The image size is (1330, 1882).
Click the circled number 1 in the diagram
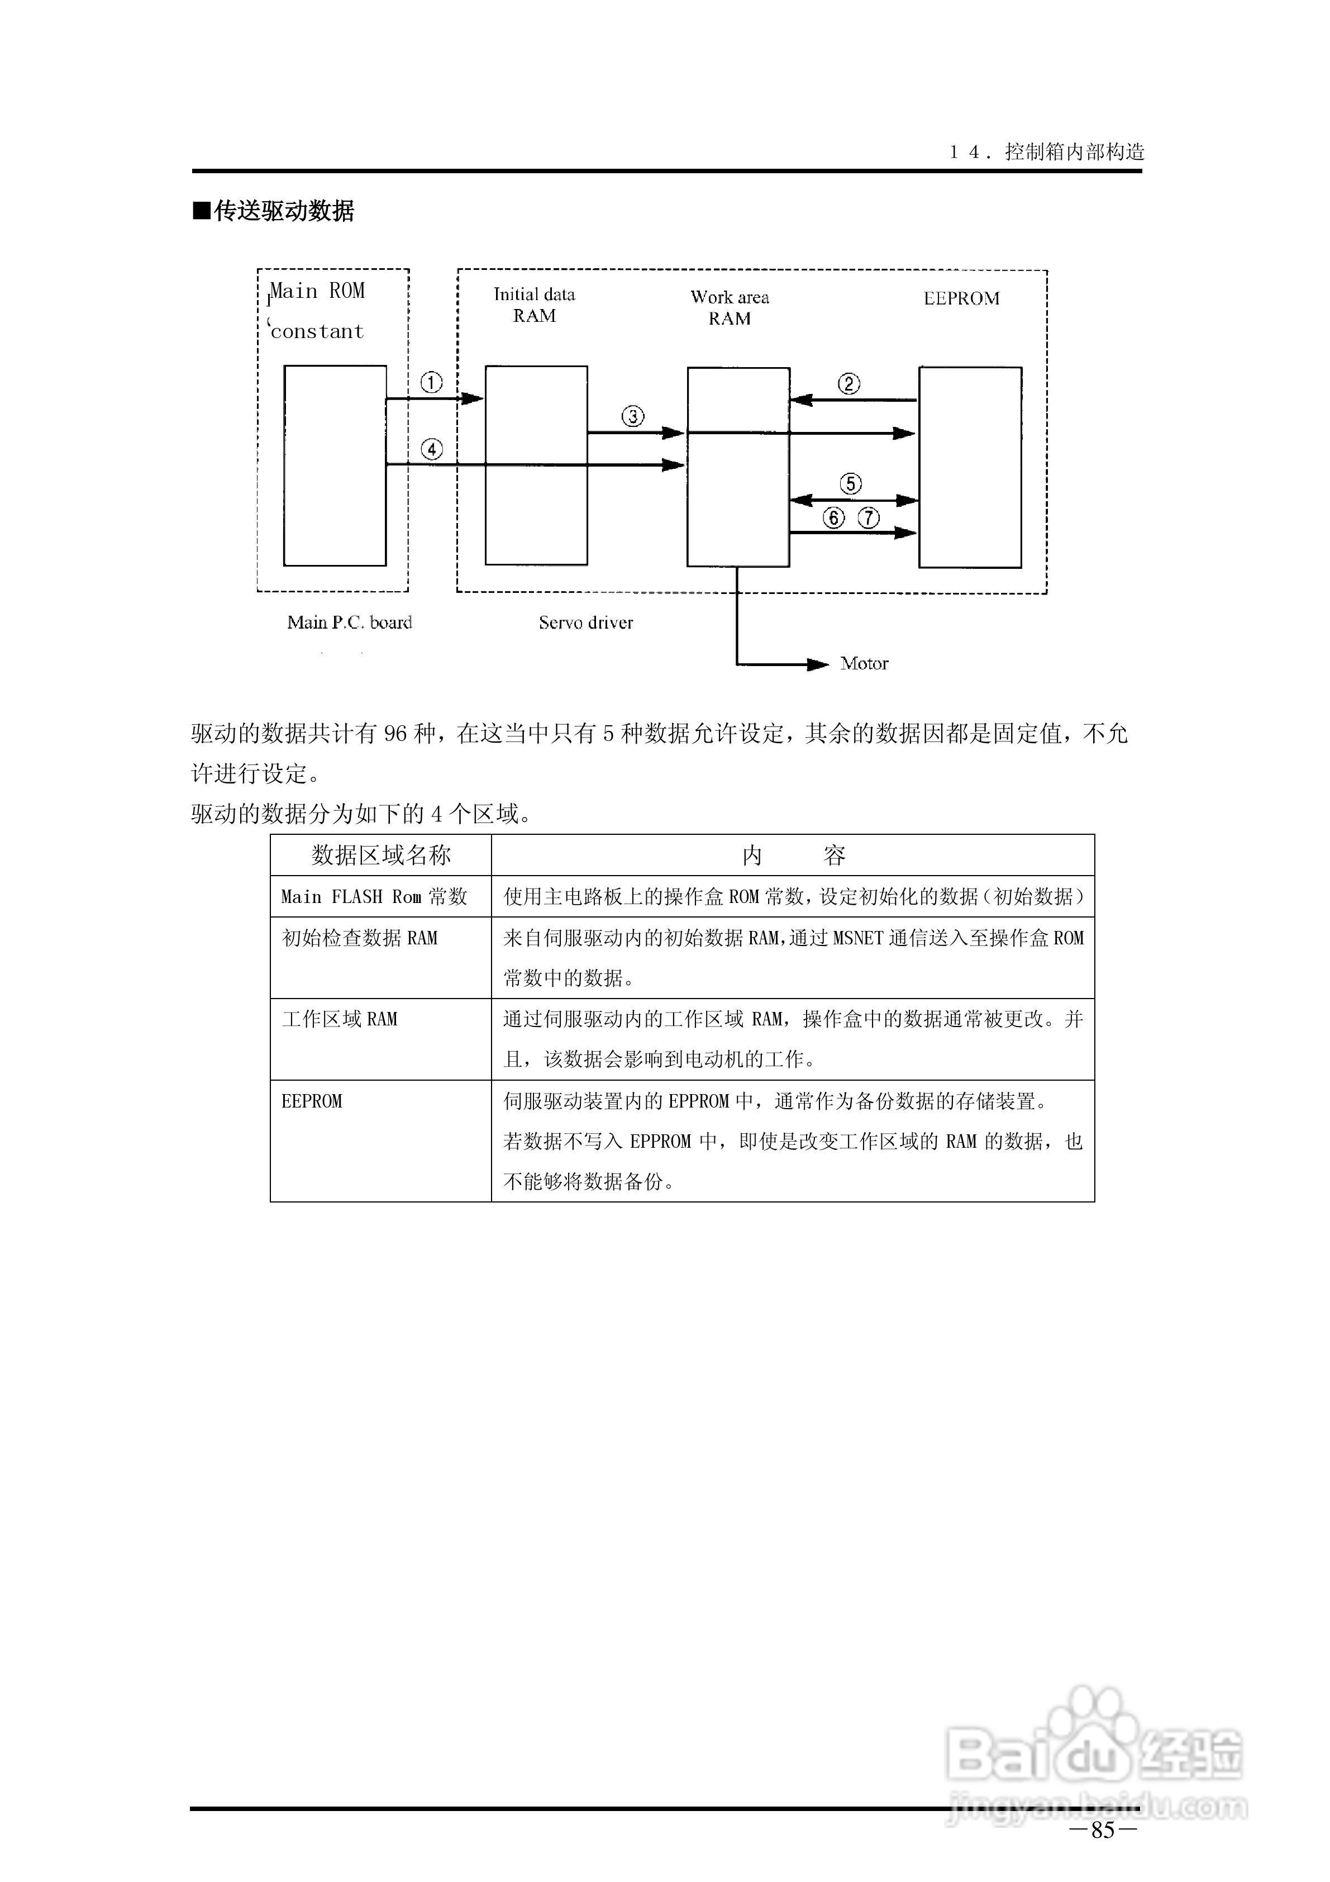click(x=431, y=383)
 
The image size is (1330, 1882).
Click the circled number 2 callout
click(x=849, y=384)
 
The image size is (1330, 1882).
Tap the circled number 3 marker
click(x=633, y=416)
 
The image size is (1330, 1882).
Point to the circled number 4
click(x=431, y=449)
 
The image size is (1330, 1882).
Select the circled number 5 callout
click(x=851, y=483)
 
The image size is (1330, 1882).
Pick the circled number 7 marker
click(x=869, y=518)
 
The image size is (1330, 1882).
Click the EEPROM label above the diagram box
click(x=961, y=298)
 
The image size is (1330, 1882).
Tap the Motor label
click(x=864, y=664)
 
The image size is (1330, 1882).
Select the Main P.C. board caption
click(x=349, y=623)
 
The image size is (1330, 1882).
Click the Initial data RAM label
click(x=535, y=305)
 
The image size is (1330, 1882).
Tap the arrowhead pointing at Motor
click(x=818, y=664)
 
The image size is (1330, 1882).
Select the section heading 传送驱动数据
click(x=284, y=211)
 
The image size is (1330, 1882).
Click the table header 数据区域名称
click(x=381, y=856)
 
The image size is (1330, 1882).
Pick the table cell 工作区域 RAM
click(x=339, y=1019)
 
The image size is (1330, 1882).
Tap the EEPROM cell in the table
click(x=311, y=1101)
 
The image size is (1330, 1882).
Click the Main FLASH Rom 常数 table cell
click(x=374, y=897)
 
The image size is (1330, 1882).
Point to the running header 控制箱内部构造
click(x=1074, y=151)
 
